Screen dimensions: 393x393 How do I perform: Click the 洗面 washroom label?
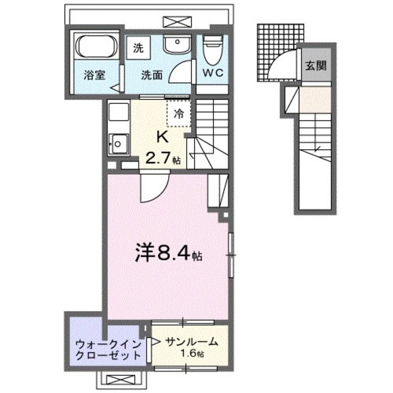pos(151,76)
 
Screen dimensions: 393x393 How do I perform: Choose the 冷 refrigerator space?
pos(179,113)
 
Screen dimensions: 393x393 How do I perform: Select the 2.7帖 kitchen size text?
pos(162,158)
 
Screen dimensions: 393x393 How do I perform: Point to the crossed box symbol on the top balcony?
pos(173,21)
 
